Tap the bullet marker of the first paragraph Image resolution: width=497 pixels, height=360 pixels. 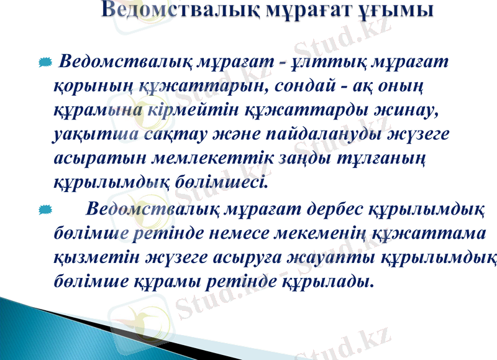point(44,63)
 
